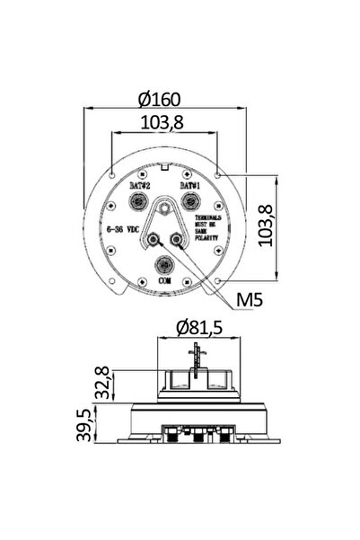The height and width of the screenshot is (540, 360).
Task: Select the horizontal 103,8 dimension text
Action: tap(166, 123)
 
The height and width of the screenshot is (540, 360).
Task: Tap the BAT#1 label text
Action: tap(189, 184)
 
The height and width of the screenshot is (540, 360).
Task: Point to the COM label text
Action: tap(164, 281)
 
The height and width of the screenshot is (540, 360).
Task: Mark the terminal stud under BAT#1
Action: tap(189, 201)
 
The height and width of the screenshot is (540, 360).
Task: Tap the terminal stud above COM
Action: tap(164, 265)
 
